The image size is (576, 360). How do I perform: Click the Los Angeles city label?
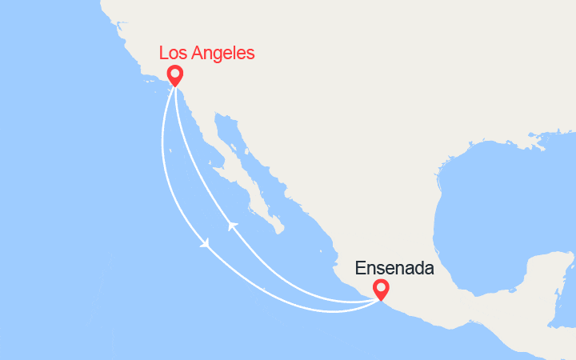206,54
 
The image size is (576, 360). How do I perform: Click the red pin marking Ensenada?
381,290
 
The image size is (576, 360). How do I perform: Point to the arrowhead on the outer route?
206,242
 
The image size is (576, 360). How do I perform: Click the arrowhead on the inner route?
232,226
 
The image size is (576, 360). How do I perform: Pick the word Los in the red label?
174,54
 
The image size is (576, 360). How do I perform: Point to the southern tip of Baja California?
279,231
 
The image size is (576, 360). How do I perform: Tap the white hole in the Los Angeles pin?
174,74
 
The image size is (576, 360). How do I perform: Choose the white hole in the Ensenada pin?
381,287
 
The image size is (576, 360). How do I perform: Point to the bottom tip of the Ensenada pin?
381,301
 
